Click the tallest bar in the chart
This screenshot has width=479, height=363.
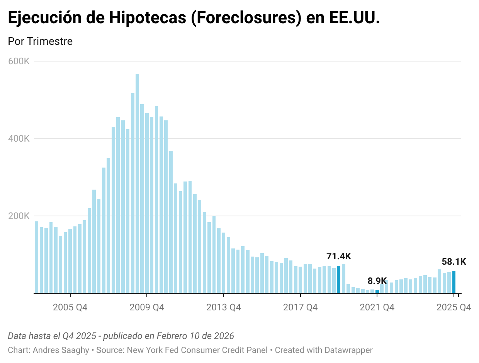137,183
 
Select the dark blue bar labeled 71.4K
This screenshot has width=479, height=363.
339,279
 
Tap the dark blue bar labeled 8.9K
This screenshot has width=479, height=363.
377,291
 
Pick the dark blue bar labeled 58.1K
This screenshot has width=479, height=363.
454,282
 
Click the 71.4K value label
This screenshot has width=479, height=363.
339,256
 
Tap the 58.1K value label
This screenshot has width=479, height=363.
454,262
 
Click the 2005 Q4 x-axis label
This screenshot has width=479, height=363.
70,308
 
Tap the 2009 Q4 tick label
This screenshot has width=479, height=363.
147,308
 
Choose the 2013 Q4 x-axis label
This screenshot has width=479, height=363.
224,308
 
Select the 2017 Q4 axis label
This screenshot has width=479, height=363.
301,308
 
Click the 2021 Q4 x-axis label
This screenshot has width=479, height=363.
377,308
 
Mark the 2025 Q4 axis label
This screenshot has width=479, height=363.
454,308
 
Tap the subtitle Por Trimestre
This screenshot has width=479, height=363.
40,41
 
